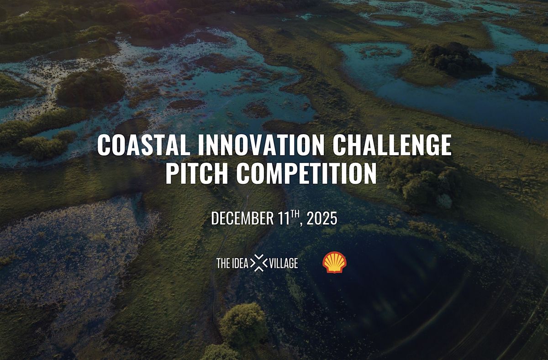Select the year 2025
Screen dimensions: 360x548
click(322, 219)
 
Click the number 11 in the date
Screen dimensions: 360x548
click(285, 219)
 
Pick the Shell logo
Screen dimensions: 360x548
click(335, 263)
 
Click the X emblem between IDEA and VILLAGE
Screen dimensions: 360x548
click(260, 263)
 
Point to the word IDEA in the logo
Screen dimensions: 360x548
click(241, 263)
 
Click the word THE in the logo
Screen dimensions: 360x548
click(223, 263)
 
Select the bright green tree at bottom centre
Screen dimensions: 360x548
click(242, 325)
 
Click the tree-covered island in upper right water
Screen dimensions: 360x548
click(450, 58)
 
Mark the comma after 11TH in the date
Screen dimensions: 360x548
click(303, 223)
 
